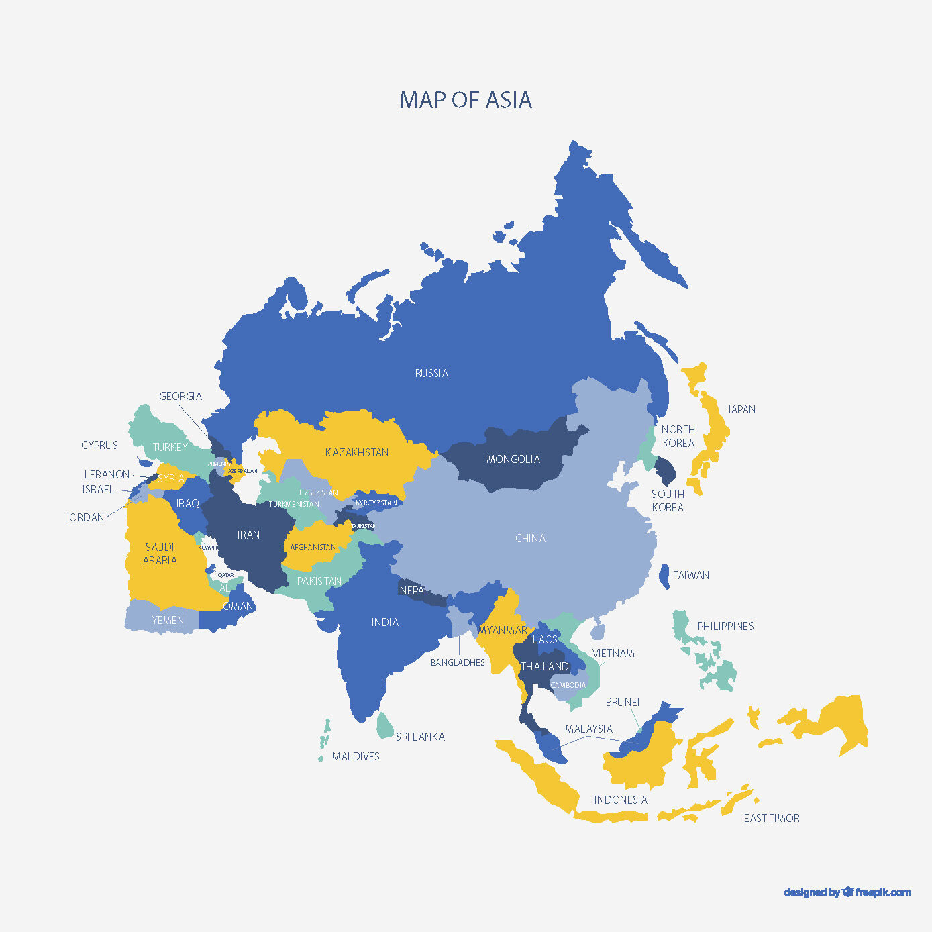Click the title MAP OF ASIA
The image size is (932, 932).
click(466, 100)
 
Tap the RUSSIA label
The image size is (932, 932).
click(431, 373)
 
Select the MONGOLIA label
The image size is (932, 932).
click(513, 459)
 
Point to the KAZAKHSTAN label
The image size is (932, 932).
click(357, 452)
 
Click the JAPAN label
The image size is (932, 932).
click(741, 409)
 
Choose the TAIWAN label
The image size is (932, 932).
click(691, 575)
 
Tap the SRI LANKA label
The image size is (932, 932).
click(420, 737)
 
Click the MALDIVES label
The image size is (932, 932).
click(356, 756)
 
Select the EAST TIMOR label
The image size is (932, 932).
click(772, 818)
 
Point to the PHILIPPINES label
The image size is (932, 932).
click(725, 626)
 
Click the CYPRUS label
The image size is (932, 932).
click(99, 445)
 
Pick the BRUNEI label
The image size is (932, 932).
click(623, 702)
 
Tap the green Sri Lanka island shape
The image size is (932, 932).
click(384, 725)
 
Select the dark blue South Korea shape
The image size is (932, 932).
click(666, 470)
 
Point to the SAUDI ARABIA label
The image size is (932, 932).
click(160, 554)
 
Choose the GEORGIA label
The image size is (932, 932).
click(180, 396)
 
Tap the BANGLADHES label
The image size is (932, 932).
click(458, 662)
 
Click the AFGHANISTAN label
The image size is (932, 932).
click(313, 547)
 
